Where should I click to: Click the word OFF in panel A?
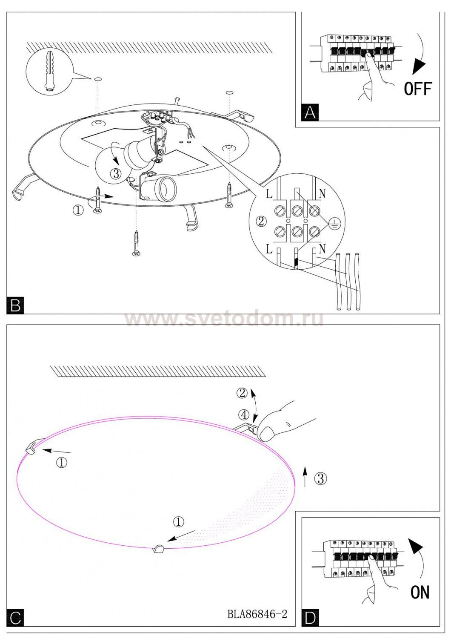tap(418, 89)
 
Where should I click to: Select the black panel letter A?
tap(310, 113)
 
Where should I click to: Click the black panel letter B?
tap(15, 306)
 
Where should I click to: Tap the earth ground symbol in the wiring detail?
tap(333, 225)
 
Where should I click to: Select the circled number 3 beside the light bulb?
tap(116, 173)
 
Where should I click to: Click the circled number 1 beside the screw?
tap(78, 210)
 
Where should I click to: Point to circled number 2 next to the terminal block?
tap(261, 222)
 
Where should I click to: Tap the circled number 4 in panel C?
tap(244, 415)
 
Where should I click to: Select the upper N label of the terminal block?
tap(322, 194)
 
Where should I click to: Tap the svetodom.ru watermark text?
tap(224, 319)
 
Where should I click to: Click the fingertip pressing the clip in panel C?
tap(267, 434)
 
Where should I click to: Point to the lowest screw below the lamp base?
tap(136, 243)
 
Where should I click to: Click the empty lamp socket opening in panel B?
tap(164, 188)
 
